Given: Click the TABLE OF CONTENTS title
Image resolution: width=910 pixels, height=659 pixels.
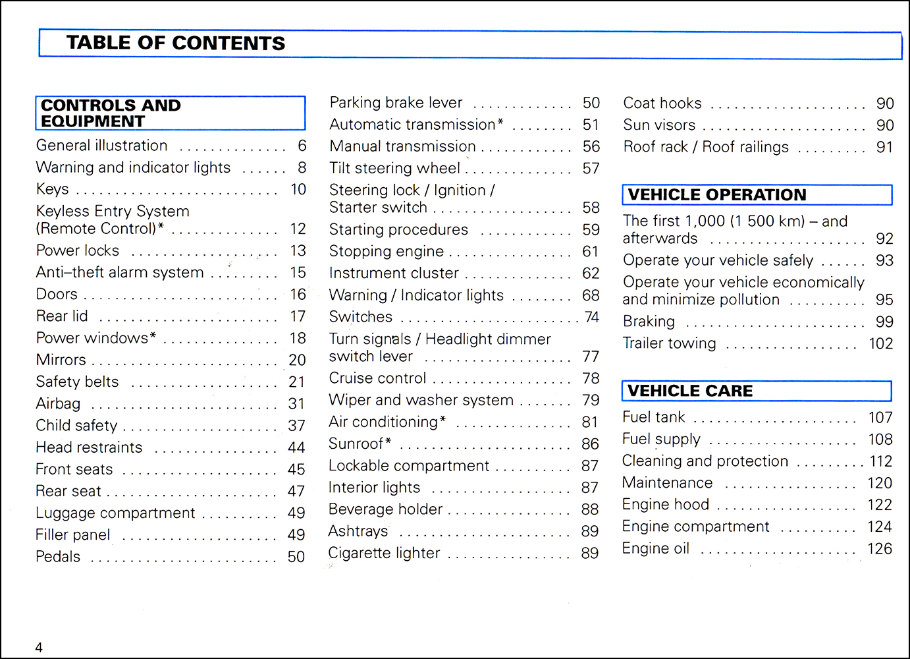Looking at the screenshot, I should click(176, 43).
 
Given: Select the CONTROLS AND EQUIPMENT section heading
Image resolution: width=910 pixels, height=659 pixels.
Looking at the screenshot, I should click(111, 113).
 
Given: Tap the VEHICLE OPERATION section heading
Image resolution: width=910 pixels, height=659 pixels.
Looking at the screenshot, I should click(717, 195).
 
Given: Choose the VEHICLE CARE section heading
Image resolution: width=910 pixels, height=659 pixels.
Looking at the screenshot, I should click(690, 391).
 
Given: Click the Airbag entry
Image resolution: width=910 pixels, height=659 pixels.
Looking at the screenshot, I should click(59, 403).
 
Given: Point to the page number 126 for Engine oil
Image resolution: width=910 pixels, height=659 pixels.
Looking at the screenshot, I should click(880, 548).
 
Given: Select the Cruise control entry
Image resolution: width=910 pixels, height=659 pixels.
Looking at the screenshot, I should click(378, 378).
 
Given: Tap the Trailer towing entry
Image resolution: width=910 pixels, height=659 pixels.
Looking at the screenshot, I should click(670, 343).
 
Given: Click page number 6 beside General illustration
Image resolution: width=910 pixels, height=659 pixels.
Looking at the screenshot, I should click(302, 146).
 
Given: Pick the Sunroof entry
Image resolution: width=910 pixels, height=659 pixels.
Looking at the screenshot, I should click(360, 444).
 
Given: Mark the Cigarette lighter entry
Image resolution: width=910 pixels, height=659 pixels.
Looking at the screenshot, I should click(385, 553).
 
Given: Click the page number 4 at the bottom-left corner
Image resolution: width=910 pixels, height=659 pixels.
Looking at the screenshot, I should click(39, 647).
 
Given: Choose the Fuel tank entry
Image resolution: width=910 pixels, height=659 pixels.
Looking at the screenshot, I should click(654, 417).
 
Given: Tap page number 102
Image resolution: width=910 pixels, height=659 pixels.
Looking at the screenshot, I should click(880, 343).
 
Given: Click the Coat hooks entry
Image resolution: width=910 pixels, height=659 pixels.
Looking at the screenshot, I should click(662, 103).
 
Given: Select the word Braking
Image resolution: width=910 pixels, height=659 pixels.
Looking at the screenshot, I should click(649, 322).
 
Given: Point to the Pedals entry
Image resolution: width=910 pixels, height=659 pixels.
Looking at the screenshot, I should click(59, 557).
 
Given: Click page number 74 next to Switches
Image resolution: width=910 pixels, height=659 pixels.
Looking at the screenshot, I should click(591, 317).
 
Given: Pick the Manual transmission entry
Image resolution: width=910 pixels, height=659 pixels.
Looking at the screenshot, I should click(402, 146).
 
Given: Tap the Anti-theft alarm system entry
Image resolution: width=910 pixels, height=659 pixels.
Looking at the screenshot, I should click(120, 272).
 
